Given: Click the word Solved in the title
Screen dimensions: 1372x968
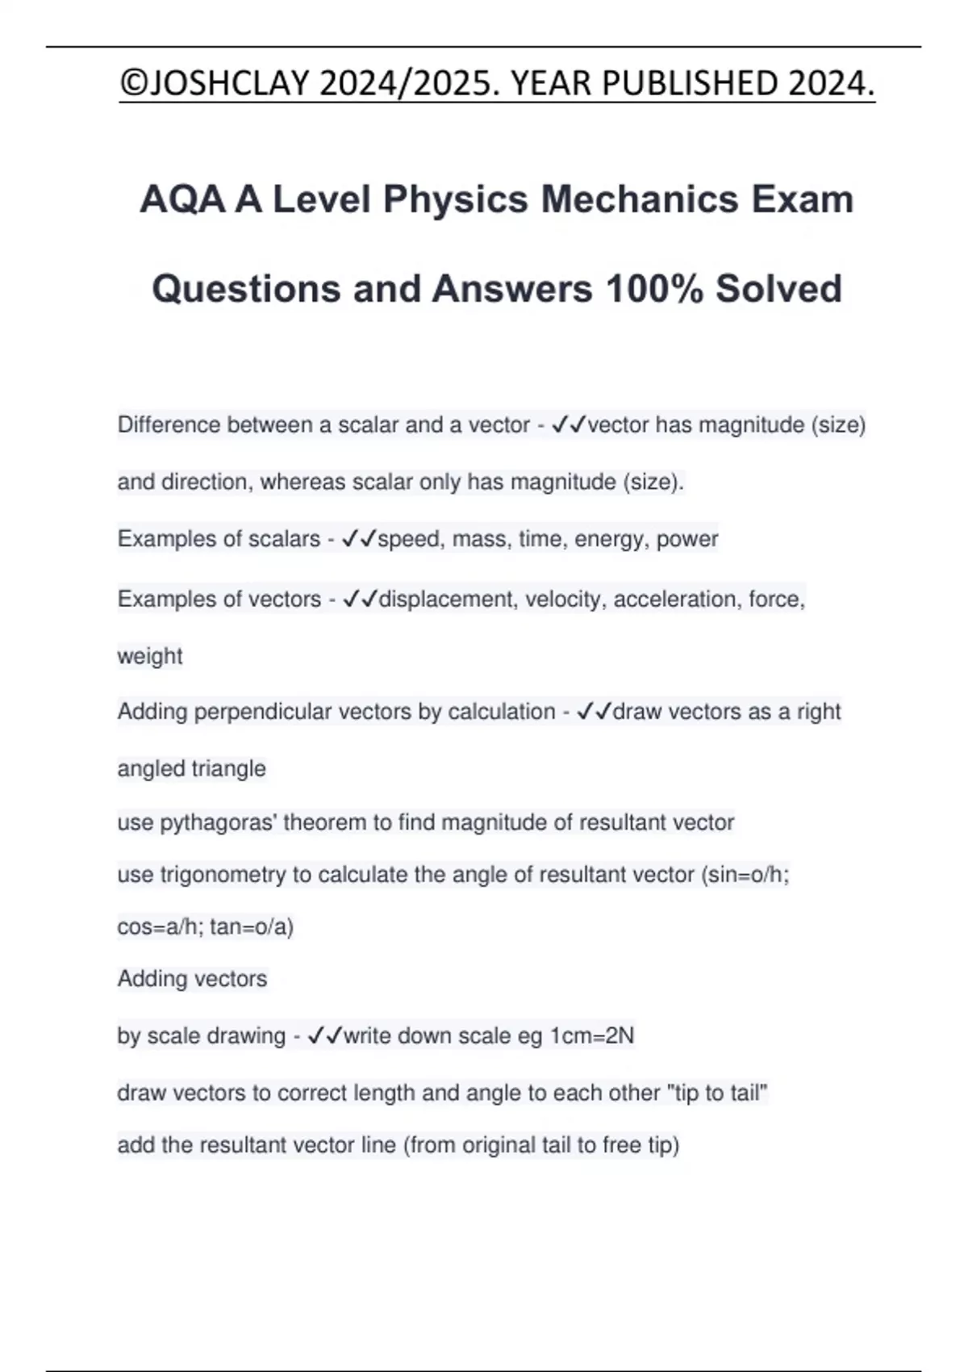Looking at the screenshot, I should (x=778, y=289).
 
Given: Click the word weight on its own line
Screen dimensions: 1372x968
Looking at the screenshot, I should (x=150, y=656).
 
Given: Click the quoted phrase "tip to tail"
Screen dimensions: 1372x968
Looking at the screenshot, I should (x=716, y=1093).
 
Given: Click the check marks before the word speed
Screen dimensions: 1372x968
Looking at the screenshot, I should (x=359, y=538).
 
